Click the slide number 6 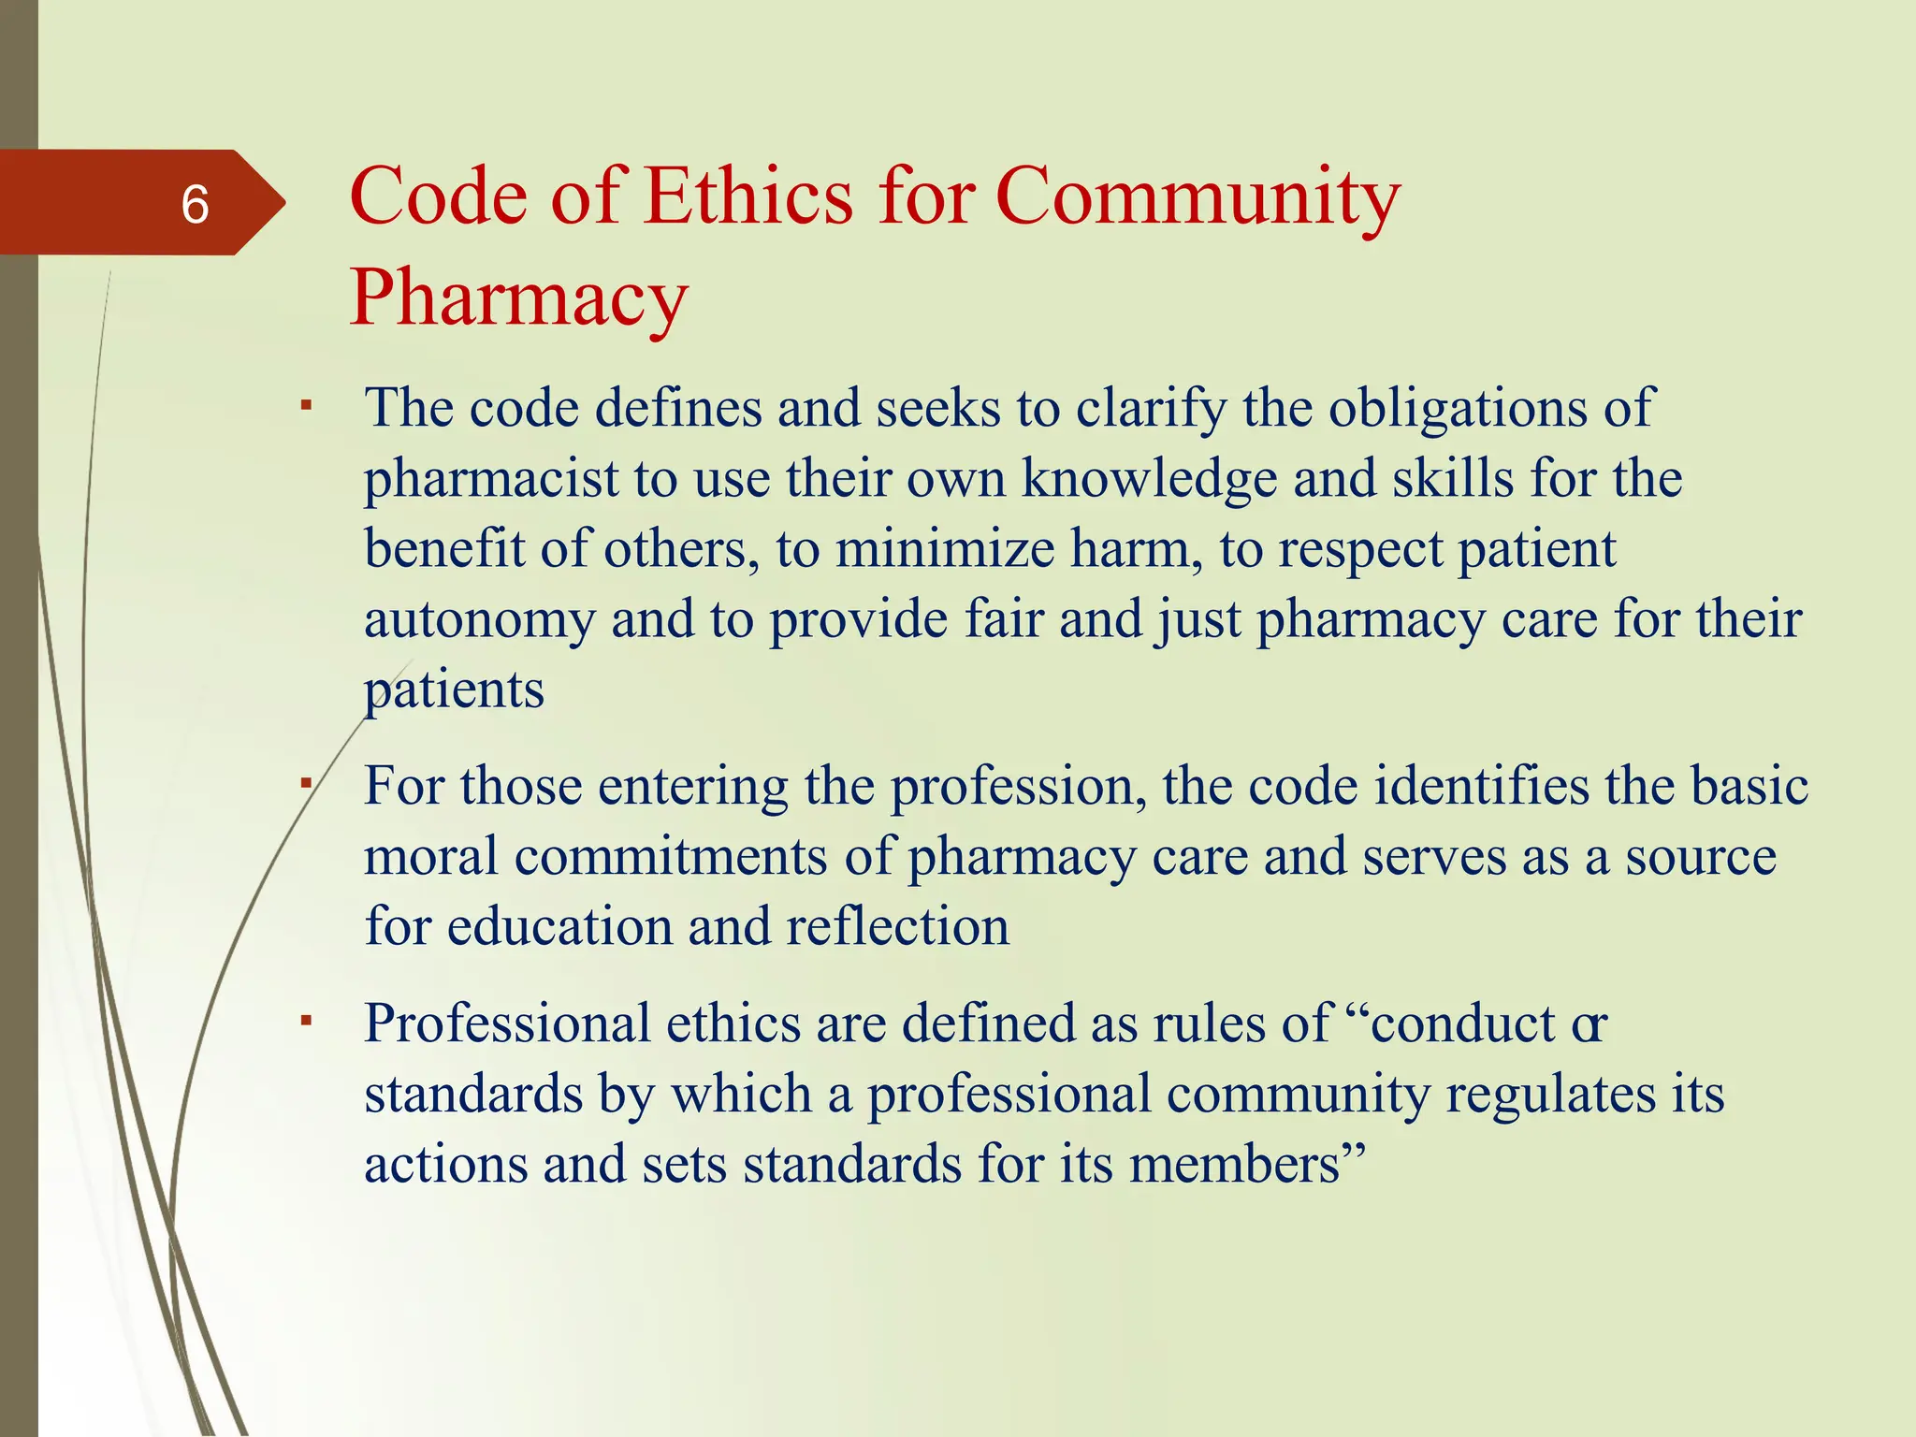tap(195, 205)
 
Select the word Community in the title tap(1197, 197)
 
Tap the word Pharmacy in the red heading tap(518, 298)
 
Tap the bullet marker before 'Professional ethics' tap(305, 1021)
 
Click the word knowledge tap(1149, 479)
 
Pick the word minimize tap(945, 549)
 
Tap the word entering tap(693, 787)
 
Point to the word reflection tap(897, 927)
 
